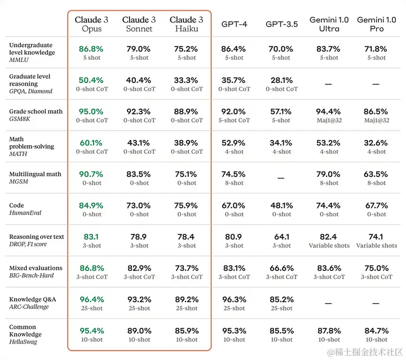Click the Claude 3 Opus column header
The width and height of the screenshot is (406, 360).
click(92, 24)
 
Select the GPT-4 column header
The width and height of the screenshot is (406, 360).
click(233, 24)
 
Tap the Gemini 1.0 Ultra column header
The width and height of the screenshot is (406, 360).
click(329, 24)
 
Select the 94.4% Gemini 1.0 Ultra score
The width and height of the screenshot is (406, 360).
click(329, 112)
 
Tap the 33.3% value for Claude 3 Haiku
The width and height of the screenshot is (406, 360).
click(186, 80)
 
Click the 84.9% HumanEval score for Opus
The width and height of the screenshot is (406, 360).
click(92, 205)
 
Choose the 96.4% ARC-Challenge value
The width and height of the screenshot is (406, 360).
click(92, 299)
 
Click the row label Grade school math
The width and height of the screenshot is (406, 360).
click(36, 112)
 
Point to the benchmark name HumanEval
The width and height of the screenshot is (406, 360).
click(25, 213)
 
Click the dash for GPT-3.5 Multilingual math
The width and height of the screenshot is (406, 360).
click(281, 178)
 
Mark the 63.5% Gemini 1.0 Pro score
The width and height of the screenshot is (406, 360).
click(376, 174)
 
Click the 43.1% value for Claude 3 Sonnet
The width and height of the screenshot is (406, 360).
click(139, 143)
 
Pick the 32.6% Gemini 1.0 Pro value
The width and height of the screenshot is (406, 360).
click(376, 143)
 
